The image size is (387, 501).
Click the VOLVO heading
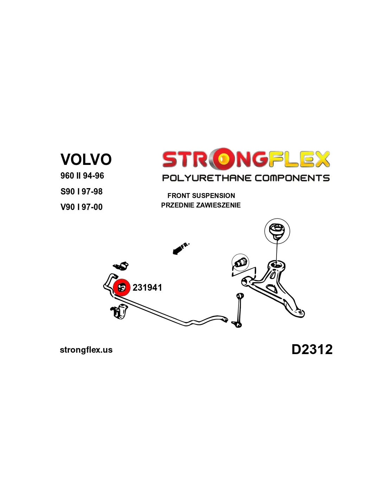click(x=86, y=159)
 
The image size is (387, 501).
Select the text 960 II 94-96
click(x=82, y=175)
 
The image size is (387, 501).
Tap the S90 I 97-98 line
click(x=81, y=191)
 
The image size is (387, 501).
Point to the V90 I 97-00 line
click(x=81, y=207)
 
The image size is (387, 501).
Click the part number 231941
click(x=147, y=287)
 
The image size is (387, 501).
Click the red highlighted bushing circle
click(x=122, y=287)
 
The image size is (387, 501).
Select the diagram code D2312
click(x=312, y=349)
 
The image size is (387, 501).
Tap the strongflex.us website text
click(x=86, y=350)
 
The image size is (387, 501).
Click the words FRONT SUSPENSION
click(x=201, y=196)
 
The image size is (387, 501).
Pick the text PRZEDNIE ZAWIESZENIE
click(x=201, y=205)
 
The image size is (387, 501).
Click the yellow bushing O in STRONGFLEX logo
click(x=222, y=159)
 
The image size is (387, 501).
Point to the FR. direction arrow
click(x=180, y=248)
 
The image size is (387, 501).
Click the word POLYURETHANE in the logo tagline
click(x=207, y=178)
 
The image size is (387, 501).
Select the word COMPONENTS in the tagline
click(x=292, y=178)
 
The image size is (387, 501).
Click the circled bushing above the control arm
click(x=277, y=231)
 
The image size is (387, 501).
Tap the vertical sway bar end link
click(x=240, y=310)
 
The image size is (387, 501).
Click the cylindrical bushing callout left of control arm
click(x=240, y=263)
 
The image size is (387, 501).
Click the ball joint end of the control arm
click(x=299, y=313)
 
